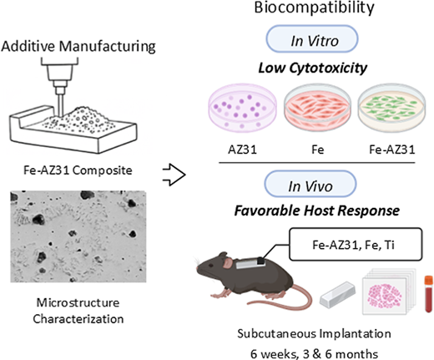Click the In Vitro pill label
click(312, 38)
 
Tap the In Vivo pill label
click(310, 184)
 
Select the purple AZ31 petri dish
click(243, 108)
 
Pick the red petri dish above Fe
click(317, 108)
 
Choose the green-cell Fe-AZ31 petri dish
click(391, 108)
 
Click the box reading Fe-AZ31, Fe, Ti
click(356, 245)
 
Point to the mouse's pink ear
click(229, 262)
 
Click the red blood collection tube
click(429, 294)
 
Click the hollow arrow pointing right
click(174, 175)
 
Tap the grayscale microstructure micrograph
click(78, 236)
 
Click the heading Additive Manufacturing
click(78, 46)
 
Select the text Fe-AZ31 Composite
click(78, 170)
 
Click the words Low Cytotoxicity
click(313, 68)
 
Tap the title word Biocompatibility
click(314, 8)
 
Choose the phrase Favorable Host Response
click(317, 210)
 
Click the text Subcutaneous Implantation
click(314, 333)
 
